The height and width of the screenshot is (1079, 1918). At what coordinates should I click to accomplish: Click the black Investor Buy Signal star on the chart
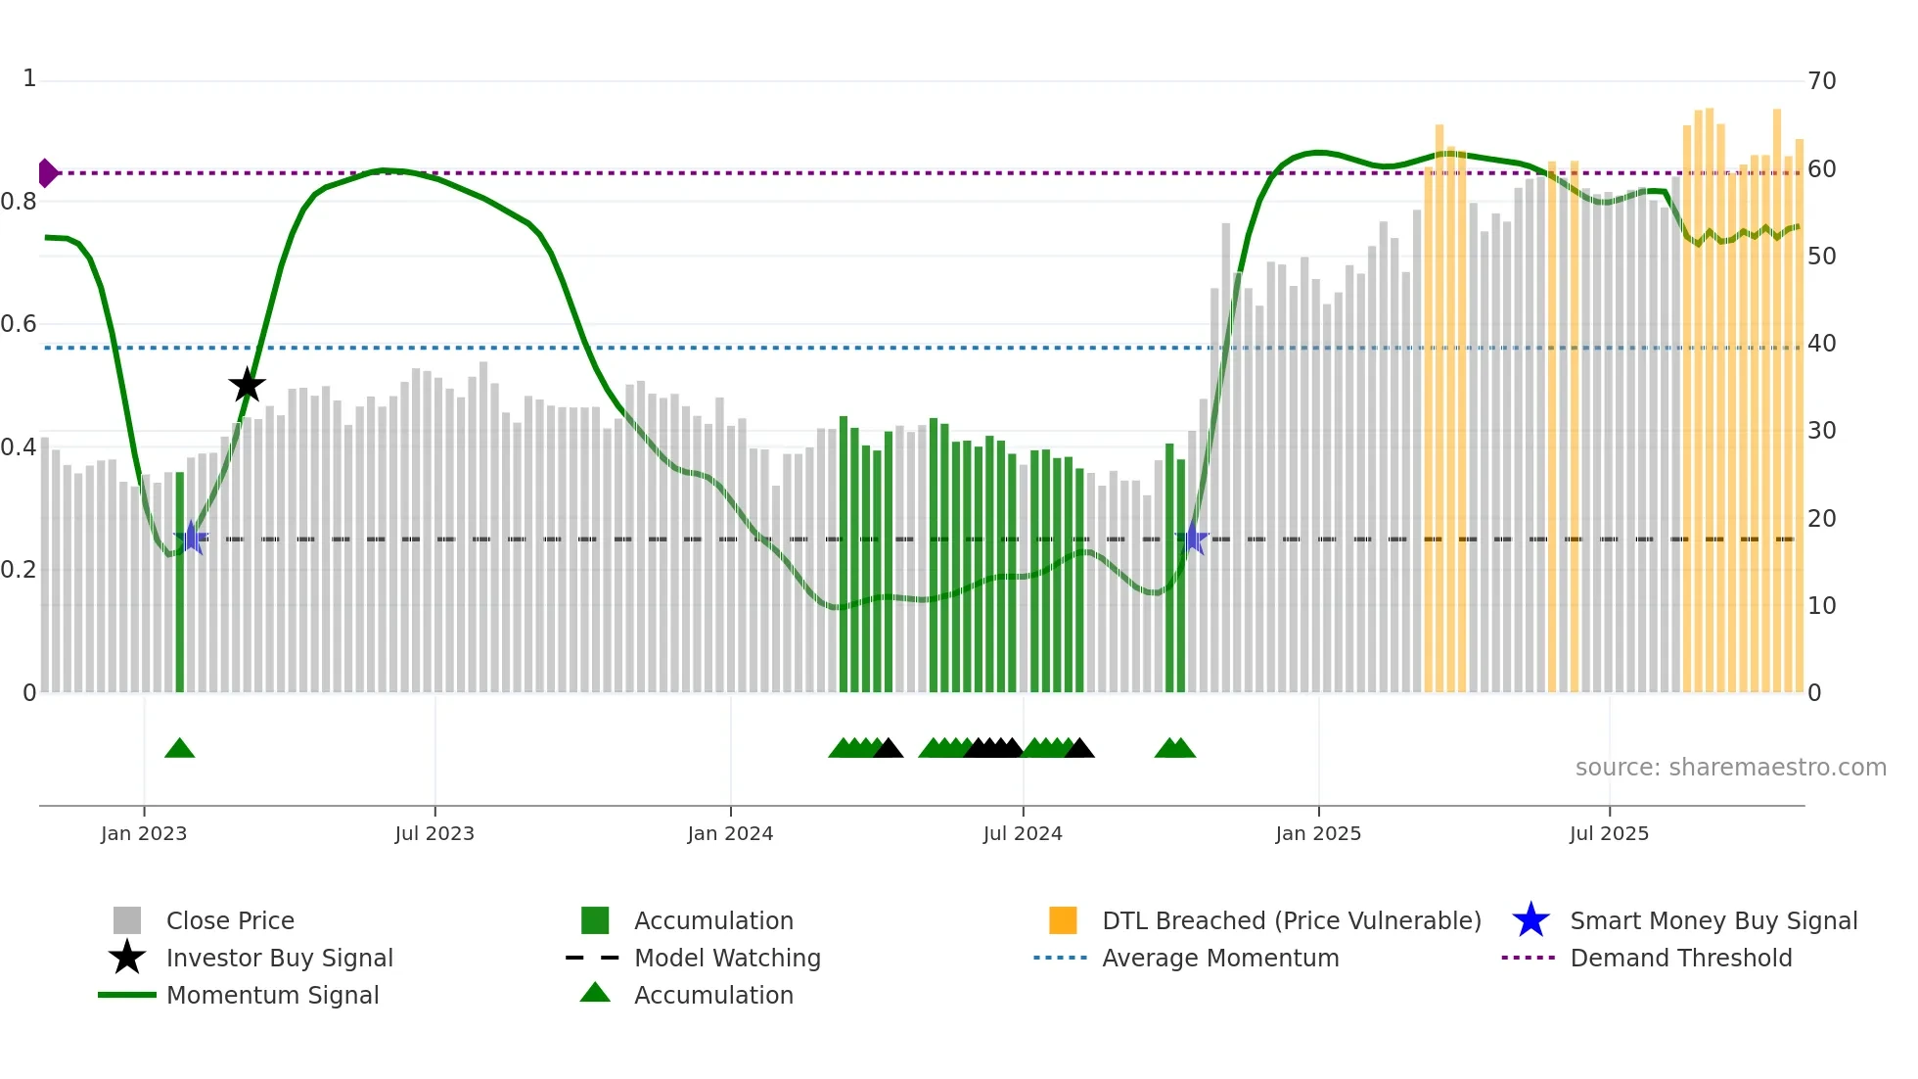coord(247,386)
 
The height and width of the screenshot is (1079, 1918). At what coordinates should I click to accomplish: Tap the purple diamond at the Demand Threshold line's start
coord(47,173)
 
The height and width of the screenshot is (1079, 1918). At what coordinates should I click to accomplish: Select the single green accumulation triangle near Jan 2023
coord(179,748)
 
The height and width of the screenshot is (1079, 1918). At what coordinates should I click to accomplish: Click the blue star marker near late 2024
coord(1194,538)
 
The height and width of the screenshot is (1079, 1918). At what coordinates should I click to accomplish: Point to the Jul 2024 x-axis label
coord(1023,833)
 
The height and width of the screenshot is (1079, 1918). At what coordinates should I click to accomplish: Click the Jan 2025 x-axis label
coord(1318,833)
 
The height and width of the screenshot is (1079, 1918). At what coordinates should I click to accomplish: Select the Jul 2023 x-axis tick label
coord(434,833)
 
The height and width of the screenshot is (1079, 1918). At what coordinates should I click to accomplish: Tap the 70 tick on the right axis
coord(1822,81)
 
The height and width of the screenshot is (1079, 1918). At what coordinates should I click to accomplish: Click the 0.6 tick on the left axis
coord(20,324)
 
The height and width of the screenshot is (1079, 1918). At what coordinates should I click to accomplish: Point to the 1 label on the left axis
coord(29,78)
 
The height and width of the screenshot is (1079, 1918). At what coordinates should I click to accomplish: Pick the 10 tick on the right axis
coord(1822,606)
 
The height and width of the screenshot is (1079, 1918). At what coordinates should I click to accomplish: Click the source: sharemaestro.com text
coord(1730,768)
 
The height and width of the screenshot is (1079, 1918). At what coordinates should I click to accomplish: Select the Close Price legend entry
coord(230,920)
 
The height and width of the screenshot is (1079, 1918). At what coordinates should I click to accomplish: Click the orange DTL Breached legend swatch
coord(1063,920)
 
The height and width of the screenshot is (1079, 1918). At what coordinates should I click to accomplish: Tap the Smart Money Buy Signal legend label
coord(1712,920)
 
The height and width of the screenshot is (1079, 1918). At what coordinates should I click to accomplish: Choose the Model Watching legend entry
coord(727,958)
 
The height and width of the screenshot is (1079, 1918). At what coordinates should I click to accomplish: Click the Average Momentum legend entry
coord(1219,958)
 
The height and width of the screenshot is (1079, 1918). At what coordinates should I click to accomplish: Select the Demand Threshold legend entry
coord(1680,958)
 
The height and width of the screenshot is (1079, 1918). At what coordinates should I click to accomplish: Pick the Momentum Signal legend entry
coord(272,995)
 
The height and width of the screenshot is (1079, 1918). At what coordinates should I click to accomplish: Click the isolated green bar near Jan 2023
coord(180,587)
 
